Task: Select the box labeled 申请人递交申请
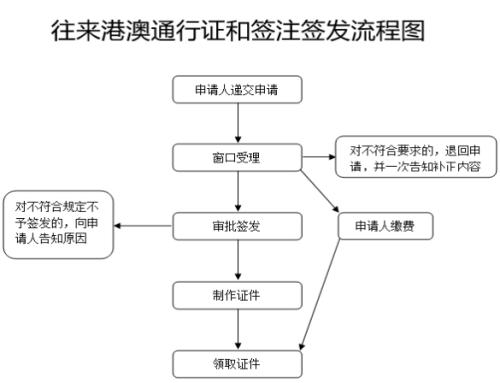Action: point(237,89)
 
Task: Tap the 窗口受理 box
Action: point(237,158)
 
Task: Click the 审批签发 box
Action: point(237,226)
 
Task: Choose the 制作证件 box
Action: point(237,295)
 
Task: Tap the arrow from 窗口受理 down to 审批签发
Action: point(237,192)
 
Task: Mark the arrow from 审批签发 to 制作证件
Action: point(237,261)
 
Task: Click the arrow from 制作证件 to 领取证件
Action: point(237,329)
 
